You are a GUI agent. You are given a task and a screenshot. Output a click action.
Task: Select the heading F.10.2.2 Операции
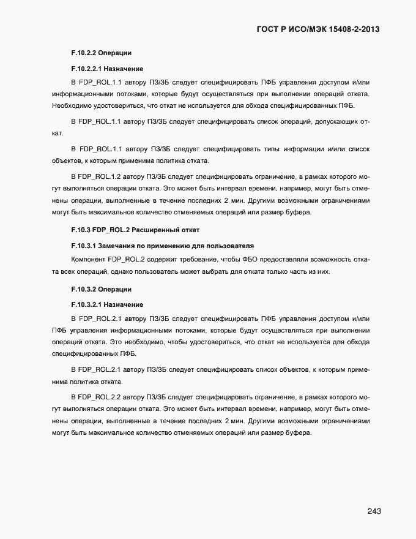pos(102,53)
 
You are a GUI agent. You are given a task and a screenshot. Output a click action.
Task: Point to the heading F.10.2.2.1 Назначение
pos(107,69)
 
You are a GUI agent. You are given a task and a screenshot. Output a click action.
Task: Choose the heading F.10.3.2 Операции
pos(102,288)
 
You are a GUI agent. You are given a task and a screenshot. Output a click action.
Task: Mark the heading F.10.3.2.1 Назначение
pos(107,304)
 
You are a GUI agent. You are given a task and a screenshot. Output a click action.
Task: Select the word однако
pos(125,272)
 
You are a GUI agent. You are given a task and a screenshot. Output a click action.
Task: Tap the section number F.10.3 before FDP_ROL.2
pos(80,230)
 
